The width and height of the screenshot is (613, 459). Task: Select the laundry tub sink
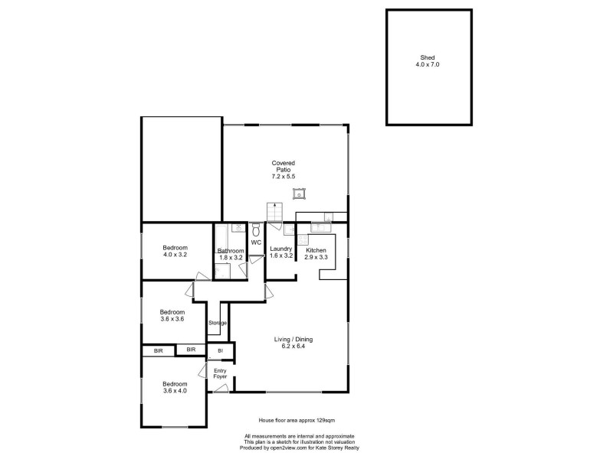(x=290, y=229)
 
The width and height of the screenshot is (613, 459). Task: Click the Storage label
(x=218, y=323)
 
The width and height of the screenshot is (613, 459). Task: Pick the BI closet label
(x=221, y=350)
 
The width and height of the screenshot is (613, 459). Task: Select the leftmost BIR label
(x=158, y=350)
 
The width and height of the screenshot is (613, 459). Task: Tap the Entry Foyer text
(x=220, y=374)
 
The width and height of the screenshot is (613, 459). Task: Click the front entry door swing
(x=221, y=389)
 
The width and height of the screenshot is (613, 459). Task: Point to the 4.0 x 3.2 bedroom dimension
(x=175, y=255)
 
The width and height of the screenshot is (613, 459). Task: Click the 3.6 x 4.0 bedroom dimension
(x=175, y=391)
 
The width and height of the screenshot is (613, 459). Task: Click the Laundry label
(x=280, y=249)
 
